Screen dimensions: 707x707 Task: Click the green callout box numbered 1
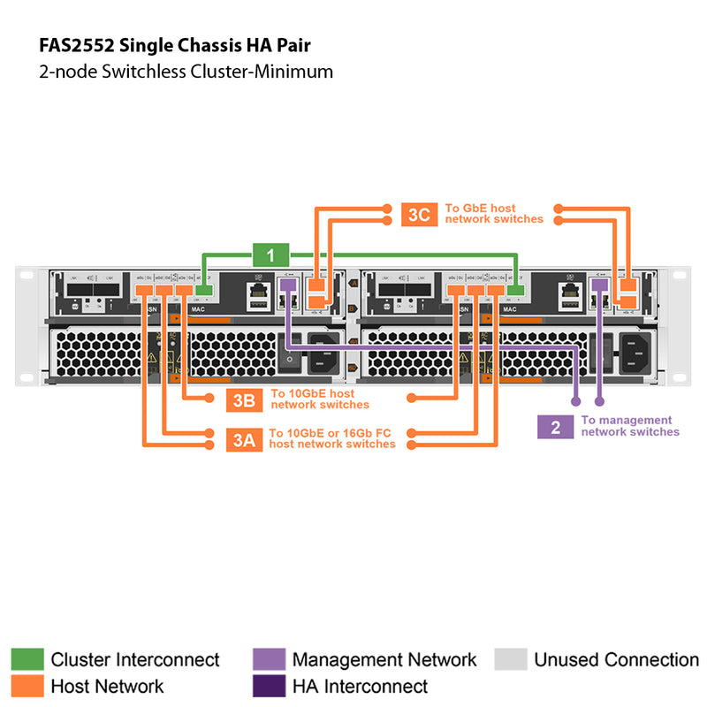[271, 255]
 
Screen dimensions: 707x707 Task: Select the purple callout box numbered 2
[555, 427]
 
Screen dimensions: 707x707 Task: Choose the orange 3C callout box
[419, 214]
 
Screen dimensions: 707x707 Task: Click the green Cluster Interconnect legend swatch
[27, 659]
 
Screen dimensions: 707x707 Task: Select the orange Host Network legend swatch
[27, 686]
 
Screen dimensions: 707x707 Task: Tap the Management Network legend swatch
[269, 659]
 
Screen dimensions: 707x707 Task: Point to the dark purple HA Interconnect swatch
[269, 686]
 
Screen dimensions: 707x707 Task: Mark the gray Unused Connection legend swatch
[511, 659]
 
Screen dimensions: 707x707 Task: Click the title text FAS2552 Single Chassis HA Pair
[175, 44]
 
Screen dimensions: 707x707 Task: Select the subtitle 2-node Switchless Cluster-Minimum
[186, 72]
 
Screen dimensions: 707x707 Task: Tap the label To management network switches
[630, 426]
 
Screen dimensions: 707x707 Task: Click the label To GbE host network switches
[494, 213]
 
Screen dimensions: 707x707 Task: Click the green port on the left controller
[204, 290]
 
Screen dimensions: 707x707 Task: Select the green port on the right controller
[517, 290]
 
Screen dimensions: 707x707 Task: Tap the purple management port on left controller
[287, 284]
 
